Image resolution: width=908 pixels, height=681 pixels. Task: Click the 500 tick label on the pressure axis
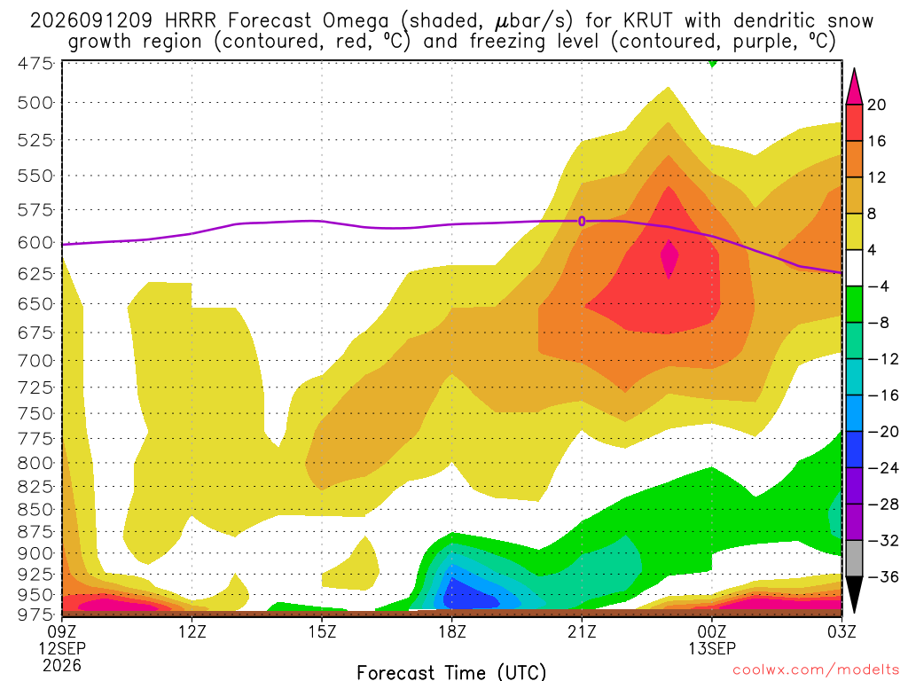point(35,103)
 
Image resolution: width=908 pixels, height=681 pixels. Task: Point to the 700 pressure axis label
point(35,361)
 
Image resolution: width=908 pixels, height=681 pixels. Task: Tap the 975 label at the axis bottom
point(35,614)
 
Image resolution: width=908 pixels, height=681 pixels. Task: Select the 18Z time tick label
point(452,631)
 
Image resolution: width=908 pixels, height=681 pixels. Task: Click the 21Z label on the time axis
point(582,631)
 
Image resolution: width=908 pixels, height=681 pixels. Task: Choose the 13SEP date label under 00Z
point(712,648)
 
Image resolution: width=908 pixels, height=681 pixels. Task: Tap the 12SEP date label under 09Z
point(62,648)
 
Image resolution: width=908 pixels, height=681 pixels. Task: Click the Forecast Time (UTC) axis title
point(451,672)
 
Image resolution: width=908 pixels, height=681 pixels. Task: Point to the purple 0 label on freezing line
point(582,221)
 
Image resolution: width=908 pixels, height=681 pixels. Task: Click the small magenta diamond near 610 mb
point(669,258)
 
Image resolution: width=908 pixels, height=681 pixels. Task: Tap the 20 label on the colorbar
point(876,105)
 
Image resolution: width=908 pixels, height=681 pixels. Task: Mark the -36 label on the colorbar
point(883,576)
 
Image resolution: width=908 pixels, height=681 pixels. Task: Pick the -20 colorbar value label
point(883,432)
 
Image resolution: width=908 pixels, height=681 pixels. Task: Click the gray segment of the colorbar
point(854,559)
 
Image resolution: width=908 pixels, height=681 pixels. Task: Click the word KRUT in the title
point(648,20)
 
